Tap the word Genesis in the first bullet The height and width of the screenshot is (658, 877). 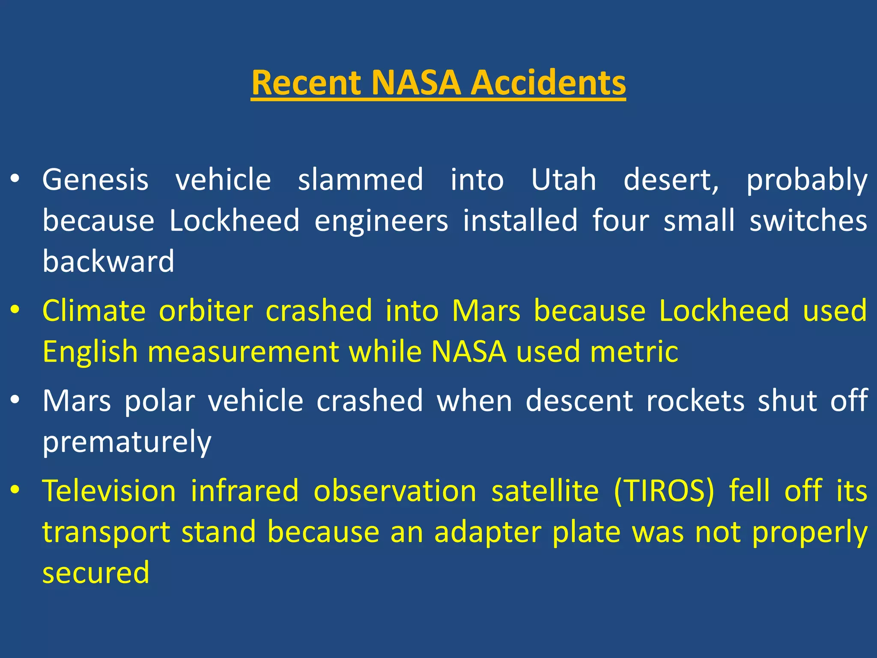95,180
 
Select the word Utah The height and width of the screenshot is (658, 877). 564,180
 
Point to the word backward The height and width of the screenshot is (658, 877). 108,261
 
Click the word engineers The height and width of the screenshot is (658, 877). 381,221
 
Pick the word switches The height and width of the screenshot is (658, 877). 808,221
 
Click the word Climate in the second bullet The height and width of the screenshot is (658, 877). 94,311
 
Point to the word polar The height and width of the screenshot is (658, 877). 160,401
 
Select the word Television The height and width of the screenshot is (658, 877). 109,491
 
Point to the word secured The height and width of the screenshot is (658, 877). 96,573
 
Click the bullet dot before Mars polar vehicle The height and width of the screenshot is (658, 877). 15,400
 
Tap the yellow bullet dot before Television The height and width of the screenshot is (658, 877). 15,489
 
